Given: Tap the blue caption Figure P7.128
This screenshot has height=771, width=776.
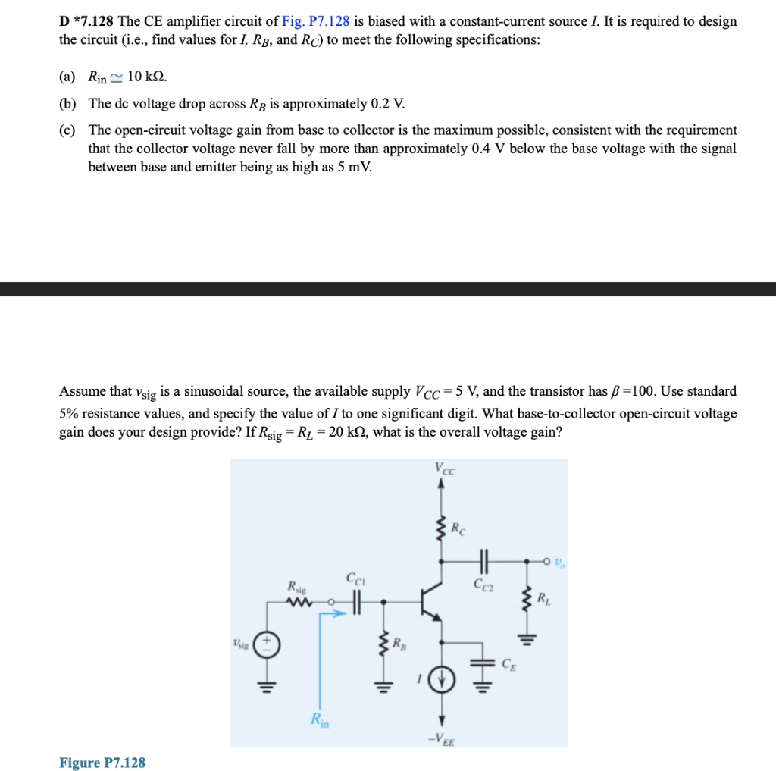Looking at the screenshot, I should [102, 762].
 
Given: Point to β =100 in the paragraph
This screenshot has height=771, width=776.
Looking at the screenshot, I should [634, 391].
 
